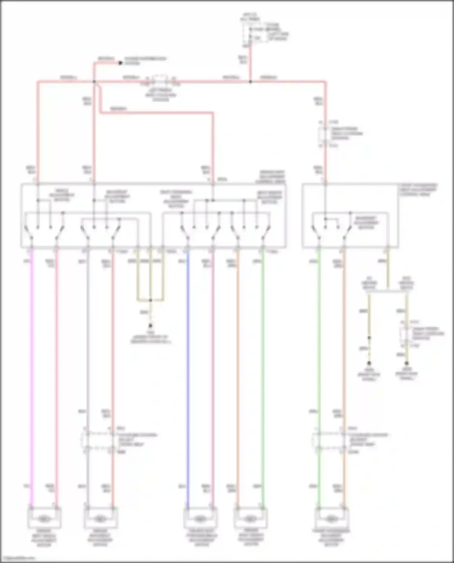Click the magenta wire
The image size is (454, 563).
31,378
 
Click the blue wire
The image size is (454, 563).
188,378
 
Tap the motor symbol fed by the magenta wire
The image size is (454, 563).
44,519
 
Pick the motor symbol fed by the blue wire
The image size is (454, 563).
200,519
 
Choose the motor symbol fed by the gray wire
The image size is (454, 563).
100,519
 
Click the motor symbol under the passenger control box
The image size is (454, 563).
331,519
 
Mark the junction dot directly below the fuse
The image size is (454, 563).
250,82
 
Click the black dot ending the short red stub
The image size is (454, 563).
120,63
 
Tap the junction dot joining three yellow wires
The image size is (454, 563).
150,300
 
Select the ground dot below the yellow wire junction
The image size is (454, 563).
150,326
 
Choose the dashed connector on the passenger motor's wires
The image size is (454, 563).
331,440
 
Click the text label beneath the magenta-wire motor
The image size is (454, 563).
44,538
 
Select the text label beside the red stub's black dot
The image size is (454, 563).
145,61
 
